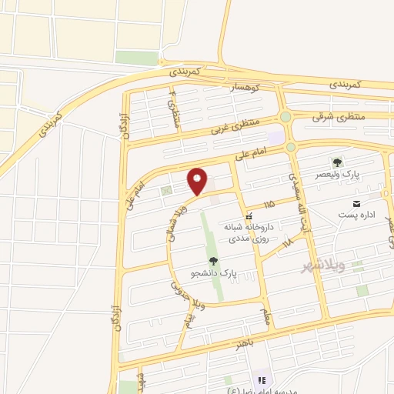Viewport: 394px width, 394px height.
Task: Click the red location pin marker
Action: [x=198, y=181]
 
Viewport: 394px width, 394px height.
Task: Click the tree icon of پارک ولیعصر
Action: [x=336, y=162]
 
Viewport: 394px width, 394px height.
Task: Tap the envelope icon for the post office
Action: [x=356, y=202]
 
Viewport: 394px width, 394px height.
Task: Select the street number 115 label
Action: [x=268, y=205]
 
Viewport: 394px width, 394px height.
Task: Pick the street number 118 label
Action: [x=287, y=242]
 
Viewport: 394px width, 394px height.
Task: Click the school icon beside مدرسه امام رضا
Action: [x=261, y=379]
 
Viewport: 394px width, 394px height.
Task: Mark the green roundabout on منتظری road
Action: [x=285, y=117]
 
